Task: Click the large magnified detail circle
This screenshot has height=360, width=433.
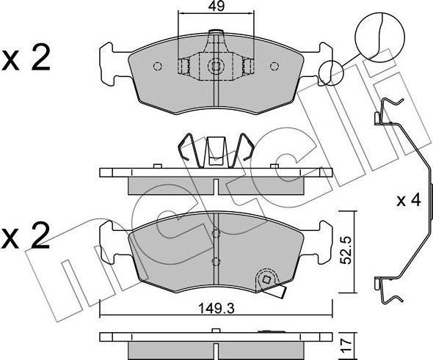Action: (x=381, y=33)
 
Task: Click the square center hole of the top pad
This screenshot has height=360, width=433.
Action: (x=215, y=67)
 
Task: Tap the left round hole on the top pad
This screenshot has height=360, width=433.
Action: (x=156, y=67)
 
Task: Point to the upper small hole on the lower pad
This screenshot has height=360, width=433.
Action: (x=215, y=235)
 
